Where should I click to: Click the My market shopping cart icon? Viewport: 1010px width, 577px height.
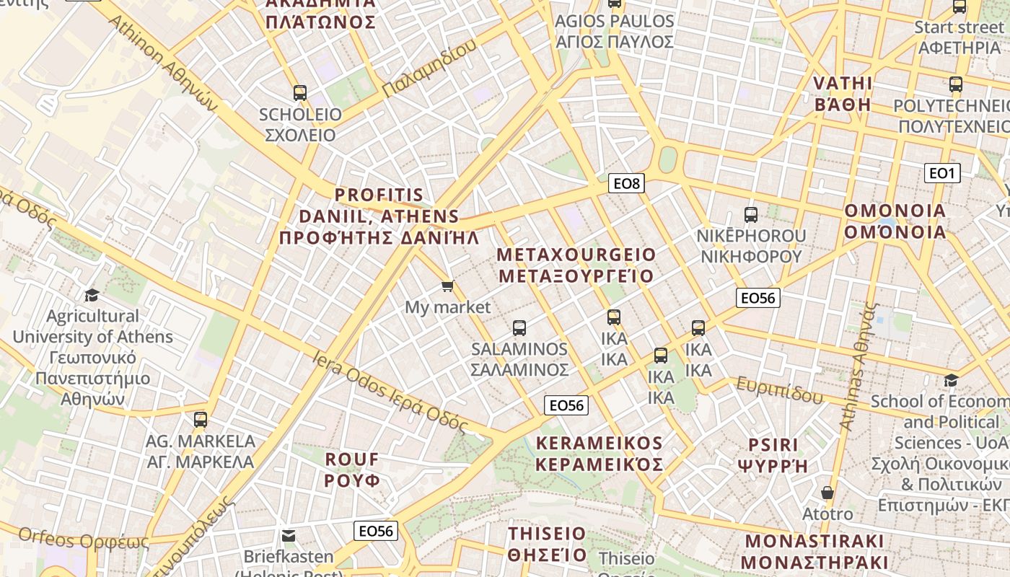click(x=447, y=286)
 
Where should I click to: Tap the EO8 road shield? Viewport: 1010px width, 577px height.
click(x=625, y=183)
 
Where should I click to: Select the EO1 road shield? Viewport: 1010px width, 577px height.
click(x=941, y=173)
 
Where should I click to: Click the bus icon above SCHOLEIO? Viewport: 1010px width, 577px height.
click(x=300, y=93)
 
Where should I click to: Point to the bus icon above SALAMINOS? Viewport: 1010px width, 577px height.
click(x=519, y=328)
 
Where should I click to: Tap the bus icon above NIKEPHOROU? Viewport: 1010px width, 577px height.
click(x=750, y=214)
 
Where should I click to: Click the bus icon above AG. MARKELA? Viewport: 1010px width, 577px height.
click(x=201, y=419)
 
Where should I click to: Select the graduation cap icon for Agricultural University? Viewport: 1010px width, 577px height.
click(x=92, y=295)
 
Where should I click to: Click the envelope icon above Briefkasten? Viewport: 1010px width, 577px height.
click(x=289, y=536)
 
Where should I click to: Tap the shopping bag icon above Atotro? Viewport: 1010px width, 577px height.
click(x=827, y=493)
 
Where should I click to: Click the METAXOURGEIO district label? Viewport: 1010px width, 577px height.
click(x=576, y=265)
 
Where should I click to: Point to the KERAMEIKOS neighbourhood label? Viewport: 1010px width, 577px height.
click(x=599, y=453)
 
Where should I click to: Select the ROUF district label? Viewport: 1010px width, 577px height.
click(x=351, y=470)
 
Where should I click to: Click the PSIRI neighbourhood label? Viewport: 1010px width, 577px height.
click(x=773, y=455)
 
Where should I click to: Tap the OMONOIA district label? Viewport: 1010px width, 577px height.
click(x=895, y=221)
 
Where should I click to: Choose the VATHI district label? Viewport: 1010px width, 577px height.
click(x=843, y=94)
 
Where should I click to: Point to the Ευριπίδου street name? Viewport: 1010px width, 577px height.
click(x=779, y=390)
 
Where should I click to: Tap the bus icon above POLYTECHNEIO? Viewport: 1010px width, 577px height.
click(x=956, y=84)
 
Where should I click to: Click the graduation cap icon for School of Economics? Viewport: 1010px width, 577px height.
click(x=951, y=380)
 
